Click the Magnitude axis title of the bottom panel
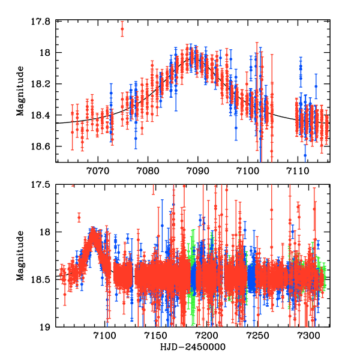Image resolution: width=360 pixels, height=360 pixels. click(x=20, y=256)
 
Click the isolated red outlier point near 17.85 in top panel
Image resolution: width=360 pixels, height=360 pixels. click(x=122, y=29)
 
